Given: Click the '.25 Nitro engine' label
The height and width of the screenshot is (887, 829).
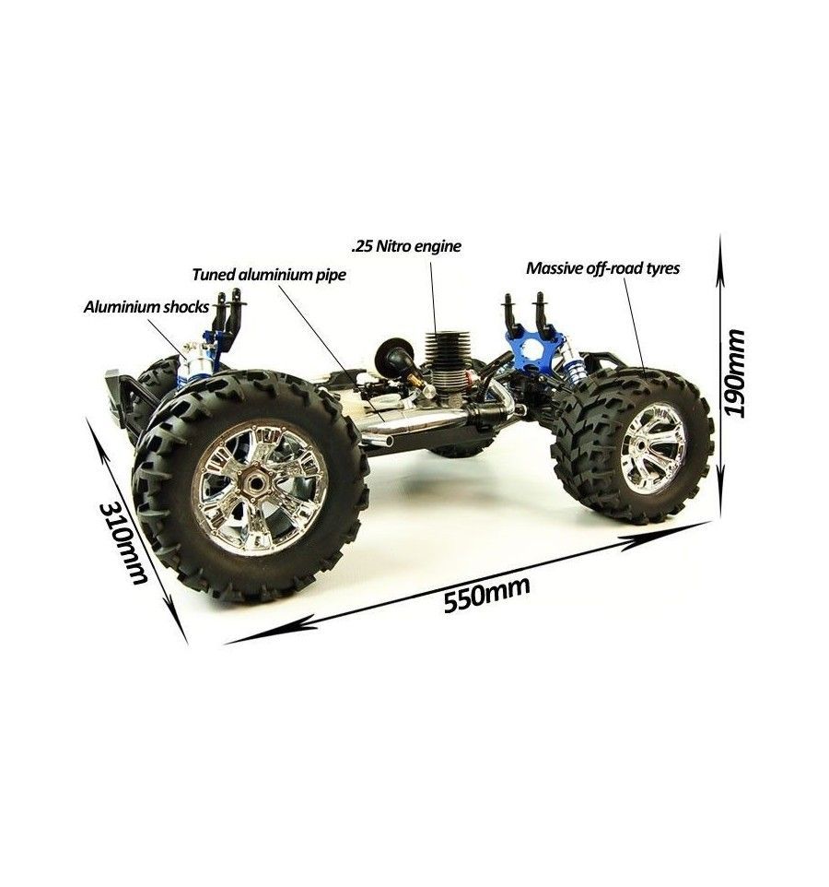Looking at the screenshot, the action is (405, 246).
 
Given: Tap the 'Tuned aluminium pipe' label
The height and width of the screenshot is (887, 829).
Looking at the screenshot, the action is (269, 275).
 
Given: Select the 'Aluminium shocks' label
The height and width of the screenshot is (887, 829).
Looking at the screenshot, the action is (146, 307).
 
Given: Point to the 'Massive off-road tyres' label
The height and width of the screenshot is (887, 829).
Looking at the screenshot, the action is (602, 267).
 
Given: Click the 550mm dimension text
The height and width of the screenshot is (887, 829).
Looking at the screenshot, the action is (487, 594).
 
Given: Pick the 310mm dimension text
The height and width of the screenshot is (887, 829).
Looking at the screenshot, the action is (123, 543).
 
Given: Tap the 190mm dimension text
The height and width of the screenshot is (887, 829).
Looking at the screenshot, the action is (735, 373).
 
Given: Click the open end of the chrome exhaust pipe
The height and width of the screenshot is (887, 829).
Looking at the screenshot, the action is (389, 441).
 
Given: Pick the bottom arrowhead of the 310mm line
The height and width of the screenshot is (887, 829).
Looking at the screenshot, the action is (177, 625).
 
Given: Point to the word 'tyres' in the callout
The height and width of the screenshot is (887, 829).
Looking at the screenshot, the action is (660, 268).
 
